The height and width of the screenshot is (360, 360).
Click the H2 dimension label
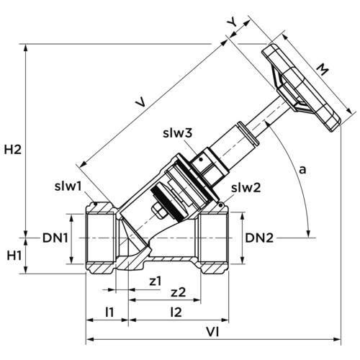13,150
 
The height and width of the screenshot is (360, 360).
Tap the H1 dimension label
14,256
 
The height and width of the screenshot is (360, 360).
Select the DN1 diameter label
55,238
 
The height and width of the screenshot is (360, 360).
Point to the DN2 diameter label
259,238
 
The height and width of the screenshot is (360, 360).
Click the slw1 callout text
68,186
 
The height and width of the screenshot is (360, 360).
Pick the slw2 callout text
246,188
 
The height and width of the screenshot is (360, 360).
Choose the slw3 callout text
178,132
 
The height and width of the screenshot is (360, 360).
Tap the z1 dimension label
156,281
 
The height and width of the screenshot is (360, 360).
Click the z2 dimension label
178,292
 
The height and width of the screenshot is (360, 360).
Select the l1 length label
109,312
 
